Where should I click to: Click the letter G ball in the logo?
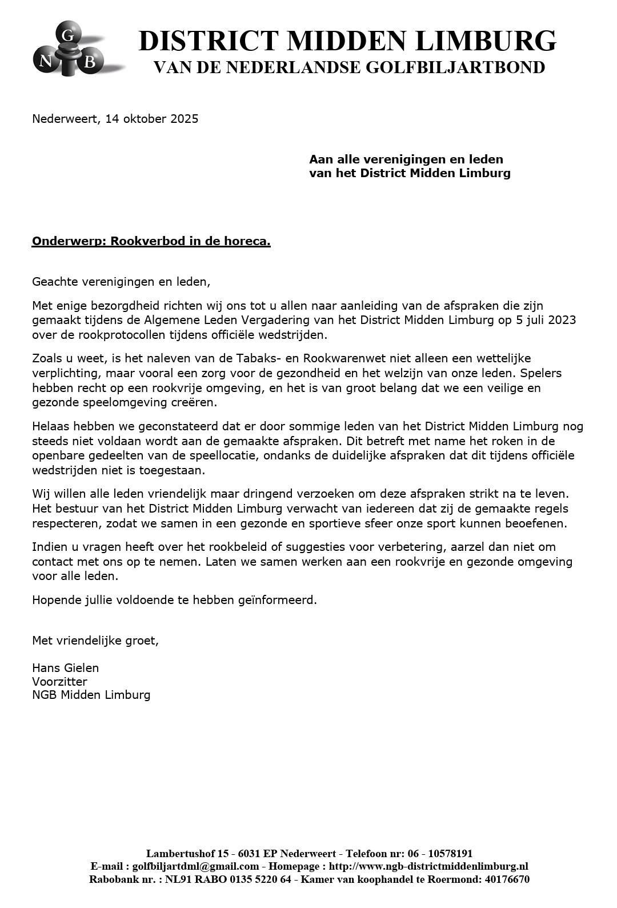(67, 35)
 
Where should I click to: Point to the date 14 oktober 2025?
(152, 119)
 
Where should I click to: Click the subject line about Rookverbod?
(151, 241)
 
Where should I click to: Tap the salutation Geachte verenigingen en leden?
(121, 282)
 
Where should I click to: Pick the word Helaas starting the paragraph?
(50, 426)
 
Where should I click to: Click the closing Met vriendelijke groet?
(95, 641)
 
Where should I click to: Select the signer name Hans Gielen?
(65, 668)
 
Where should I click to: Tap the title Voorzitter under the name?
(59, 682)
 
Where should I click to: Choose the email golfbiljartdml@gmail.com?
(195, 867)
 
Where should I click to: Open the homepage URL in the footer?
(428, 867)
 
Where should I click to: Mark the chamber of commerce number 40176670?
(507, 879)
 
